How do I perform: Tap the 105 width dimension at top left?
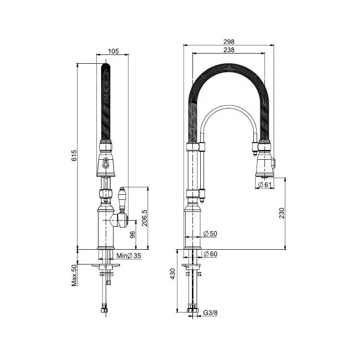[x=114, y=51]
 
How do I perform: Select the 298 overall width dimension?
[x=228, y=42]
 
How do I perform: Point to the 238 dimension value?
[x=229, y=50]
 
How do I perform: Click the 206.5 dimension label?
[x=144, y=218]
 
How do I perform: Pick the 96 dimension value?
[x=133, y=234]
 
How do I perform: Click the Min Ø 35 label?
[x=129, y=256]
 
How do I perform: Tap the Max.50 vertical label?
[x=74, y=275]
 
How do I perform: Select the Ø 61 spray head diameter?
[x=265, y=185]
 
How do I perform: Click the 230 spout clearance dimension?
[x=282, y=213]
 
